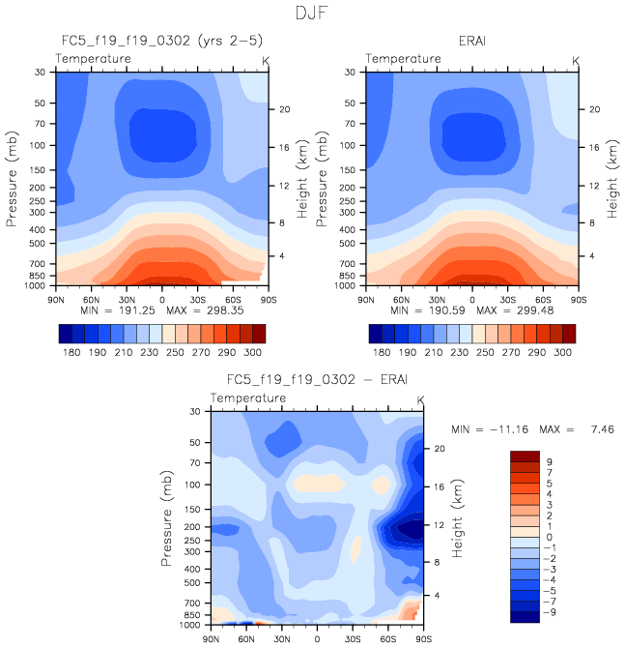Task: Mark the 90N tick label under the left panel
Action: coord(55,299)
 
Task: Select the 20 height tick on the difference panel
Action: coord(437,449)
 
